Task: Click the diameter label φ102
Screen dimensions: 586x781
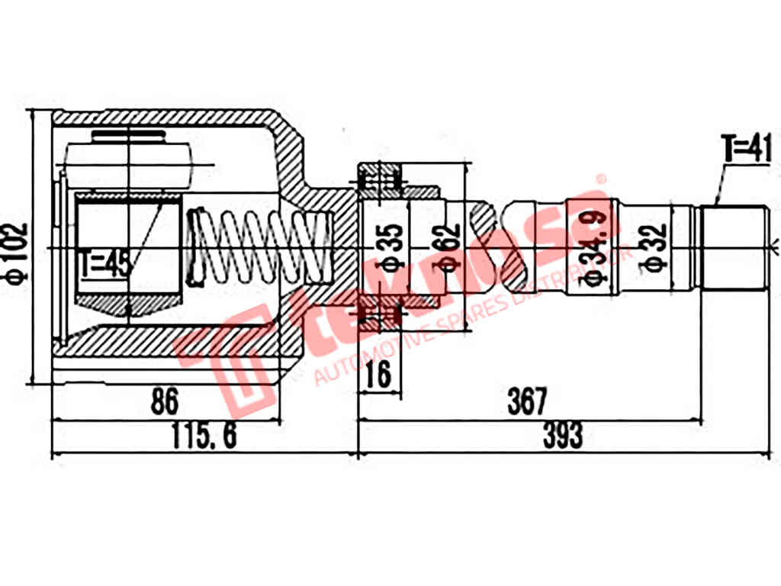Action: [x=17, y=253]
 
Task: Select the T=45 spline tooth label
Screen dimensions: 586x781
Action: [x=106, y=264]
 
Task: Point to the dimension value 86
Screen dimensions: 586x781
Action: [x=164, y=401]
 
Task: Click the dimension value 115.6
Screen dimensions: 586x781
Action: [x=204, y=436]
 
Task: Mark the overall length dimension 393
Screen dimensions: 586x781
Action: [x=562, y=436]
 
